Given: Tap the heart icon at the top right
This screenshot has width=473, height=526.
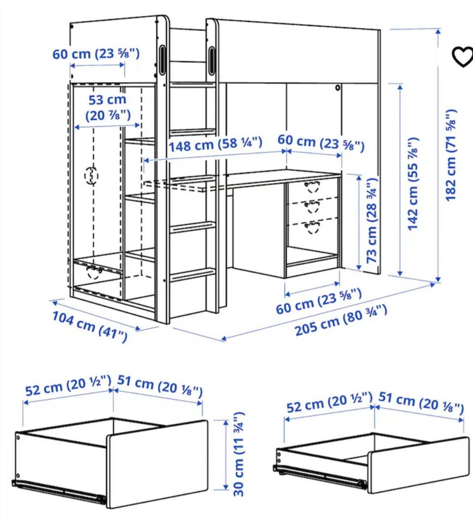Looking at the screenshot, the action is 463,56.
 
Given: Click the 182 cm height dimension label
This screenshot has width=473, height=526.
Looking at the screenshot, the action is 451,155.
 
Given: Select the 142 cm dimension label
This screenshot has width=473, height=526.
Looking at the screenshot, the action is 413,183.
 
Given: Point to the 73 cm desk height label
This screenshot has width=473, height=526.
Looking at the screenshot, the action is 372,221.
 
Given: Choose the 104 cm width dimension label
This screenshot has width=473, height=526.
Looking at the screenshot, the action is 90,326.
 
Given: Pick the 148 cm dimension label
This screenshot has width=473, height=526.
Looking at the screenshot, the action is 215,144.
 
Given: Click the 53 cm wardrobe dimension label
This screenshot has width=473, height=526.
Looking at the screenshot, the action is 107,107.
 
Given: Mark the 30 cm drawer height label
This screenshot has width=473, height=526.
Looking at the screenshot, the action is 238,454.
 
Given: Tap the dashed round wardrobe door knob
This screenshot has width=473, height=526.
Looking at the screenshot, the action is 91,175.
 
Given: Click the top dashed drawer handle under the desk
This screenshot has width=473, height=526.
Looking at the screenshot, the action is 312,187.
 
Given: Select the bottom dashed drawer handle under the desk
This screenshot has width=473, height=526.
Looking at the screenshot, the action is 312,227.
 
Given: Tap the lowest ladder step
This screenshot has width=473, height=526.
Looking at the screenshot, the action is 193,274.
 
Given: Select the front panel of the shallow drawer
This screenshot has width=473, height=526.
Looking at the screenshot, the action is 418,465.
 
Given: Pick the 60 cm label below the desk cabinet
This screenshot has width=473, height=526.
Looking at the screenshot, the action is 319,301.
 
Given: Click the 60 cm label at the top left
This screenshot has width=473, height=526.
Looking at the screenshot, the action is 96,54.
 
